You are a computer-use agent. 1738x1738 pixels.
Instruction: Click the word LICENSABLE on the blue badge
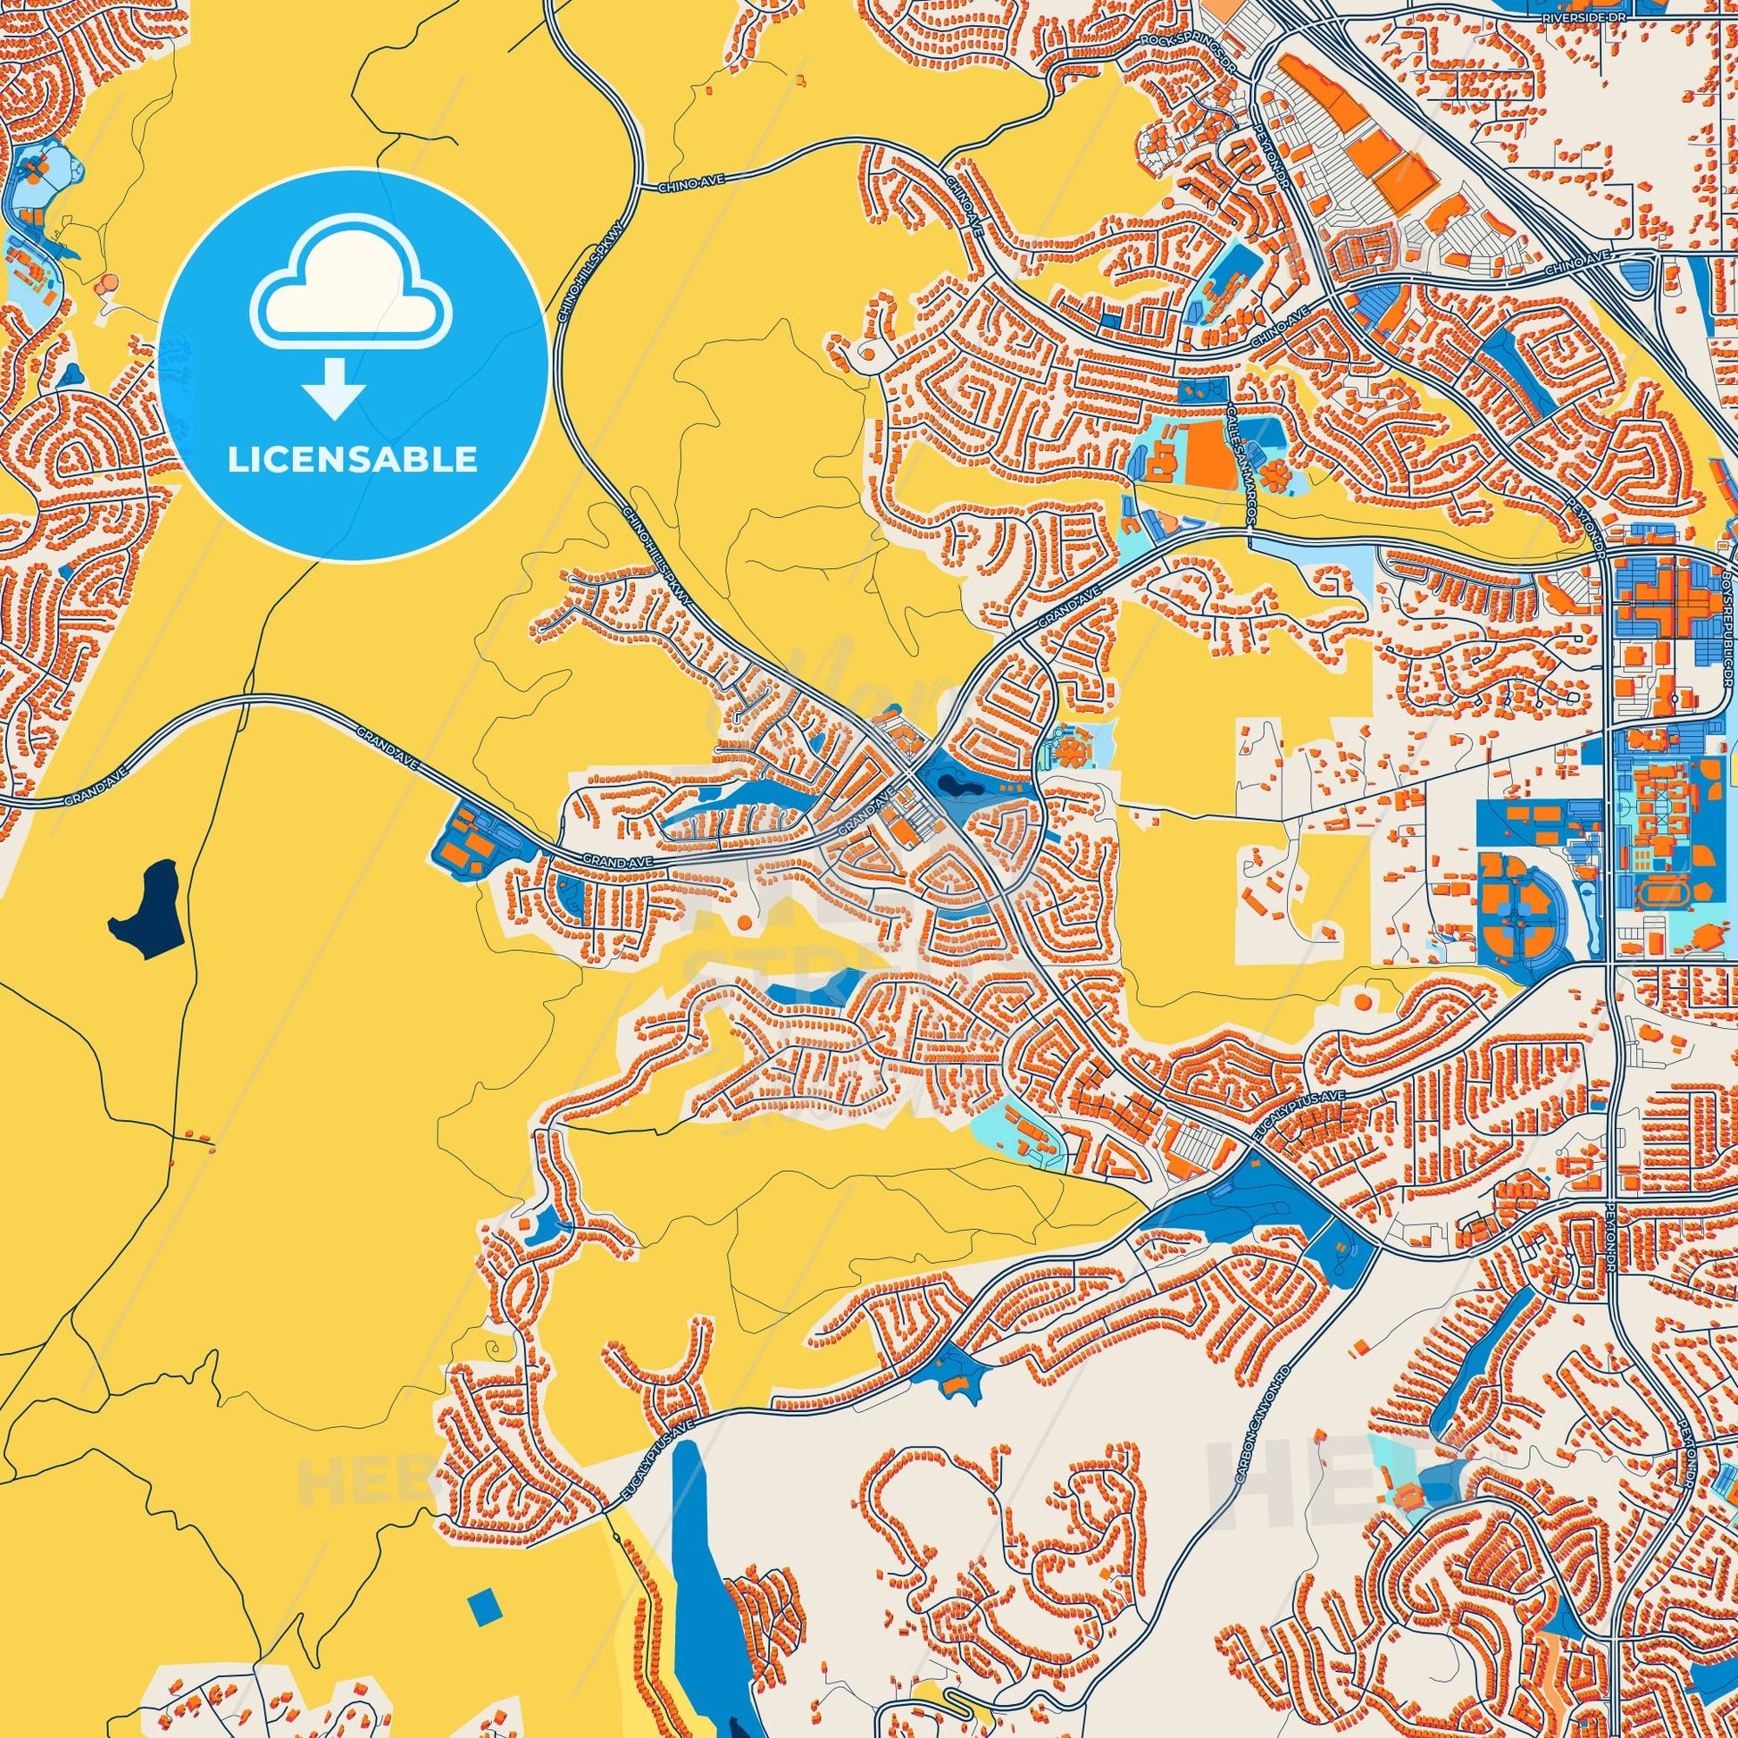352,460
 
